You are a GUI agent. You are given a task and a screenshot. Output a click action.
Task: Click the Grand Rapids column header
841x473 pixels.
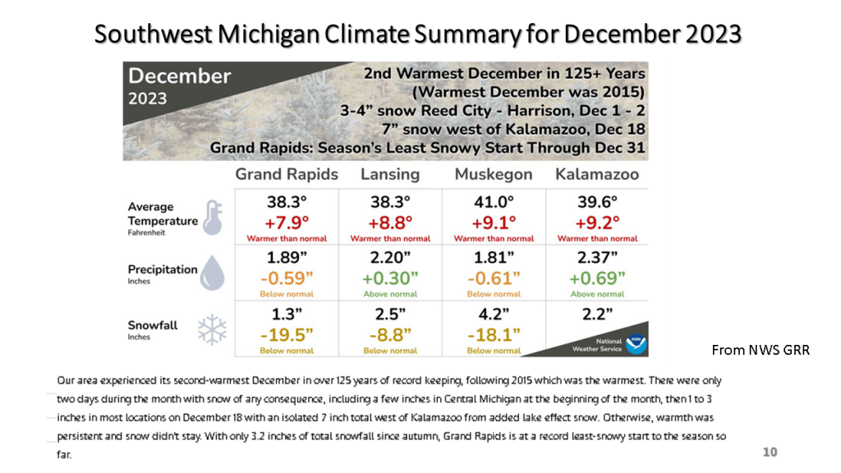(x=287, y=175)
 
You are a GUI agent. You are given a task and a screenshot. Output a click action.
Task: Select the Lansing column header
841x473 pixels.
(x=390, y=175)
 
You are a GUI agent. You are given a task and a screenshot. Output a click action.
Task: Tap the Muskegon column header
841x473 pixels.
(x=494, y=175)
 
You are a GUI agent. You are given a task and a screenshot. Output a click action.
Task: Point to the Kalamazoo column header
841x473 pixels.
(x=597, y=175)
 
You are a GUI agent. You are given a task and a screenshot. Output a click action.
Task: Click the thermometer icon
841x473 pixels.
(x=212, y=218)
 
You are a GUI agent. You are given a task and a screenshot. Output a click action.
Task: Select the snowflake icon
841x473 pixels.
(x=212, y=330)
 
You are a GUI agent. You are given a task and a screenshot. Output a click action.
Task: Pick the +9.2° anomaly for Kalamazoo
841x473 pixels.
(x=597, y=222)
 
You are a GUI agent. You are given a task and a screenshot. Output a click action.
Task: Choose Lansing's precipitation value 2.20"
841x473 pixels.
(x=390, y=258)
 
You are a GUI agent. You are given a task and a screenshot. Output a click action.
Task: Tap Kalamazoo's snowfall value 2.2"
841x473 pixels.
(x=597, y=314)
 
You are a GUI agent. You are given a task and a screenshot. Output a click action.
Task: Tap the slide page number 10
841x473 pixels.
(x=770, y=452)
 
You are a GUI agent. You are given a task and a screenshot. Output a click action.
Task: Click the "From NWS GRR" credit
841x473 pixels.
(x=760, y=350)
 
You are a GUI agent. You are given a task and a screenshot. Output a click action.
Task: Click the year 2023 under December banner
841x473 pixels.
(x=147, y=99)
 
